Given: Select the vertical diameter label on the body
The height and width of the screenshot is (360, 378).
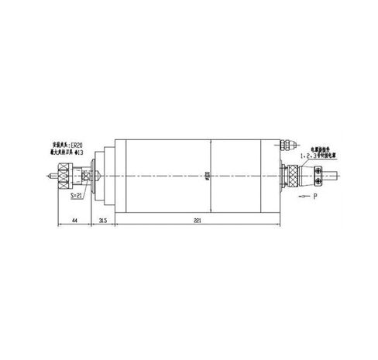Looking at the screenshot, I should pos(207,177).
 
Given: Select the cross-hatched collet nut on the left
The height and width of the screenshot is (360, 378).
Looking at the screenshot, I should pos(65,177).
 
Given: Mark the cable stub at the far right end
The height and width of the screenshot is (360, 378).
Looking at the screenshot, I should pos(332,177).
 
